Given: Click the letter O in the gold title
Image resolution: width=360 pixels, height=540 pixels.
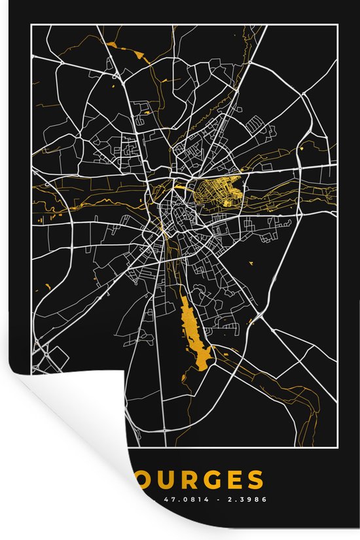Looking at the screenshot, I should point(144,480).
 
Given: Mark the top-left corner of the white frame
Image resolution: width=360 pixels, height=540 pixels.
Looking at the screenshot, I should point(32,25).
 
